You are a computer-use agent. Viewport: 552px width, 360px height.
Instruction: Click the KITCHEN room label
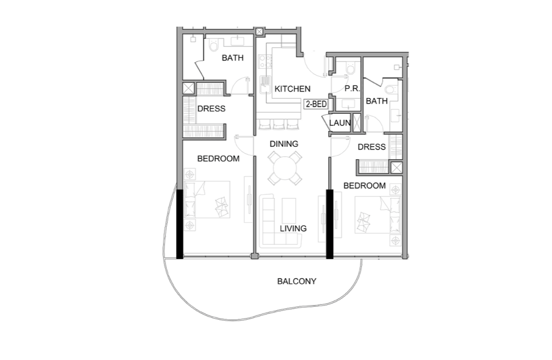point(292,89)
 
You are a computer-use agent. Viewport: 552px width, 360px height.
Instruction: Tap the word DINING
point(284,144)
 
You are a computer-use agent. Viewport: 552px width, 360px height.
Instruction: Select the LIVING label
point(293,228)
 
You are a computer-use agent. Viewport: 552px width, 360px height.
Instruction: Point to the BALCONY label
point(297,281)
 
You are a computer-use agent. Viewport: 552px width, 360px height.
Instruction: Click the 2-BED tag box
point(316,104)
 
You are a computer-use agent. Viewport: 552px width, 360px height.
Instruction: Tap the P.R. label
point(352,89)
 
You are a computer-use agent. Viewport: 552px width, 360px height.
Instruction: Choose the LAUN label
point(340,123)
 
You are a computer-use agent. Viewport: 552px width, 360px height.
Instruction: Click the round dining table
point(285,168)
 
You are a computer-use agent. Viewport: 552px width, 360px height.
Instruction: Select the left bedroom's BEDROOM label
point(218,159)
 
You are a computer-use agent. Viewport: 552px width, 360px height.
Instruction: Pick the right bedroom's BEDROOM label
point(364,186)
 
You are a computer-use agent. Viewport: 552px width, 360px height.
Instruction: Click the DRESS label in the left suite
point(211,109)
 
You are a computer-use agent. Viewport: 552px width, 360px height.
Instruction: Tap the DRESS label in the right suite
point(372,147)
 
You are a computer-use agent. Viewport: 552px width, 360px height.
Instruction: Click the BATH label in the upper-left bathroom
point(233,58)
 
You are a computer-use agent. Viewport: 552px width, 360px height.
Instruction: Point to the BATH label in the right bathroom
point(377,101)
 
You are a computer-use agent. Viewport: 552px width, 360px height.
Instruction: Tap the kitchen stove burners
point(264,61)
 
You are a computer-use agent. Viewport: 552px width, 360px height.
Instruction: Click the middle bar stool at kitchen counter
point(279,124)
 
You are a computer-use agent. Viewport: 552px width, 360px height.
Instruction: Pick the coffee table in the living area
point(289,210)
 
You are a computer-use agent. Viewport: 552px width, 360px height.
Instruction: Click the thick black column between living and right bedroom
point(330,224)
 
